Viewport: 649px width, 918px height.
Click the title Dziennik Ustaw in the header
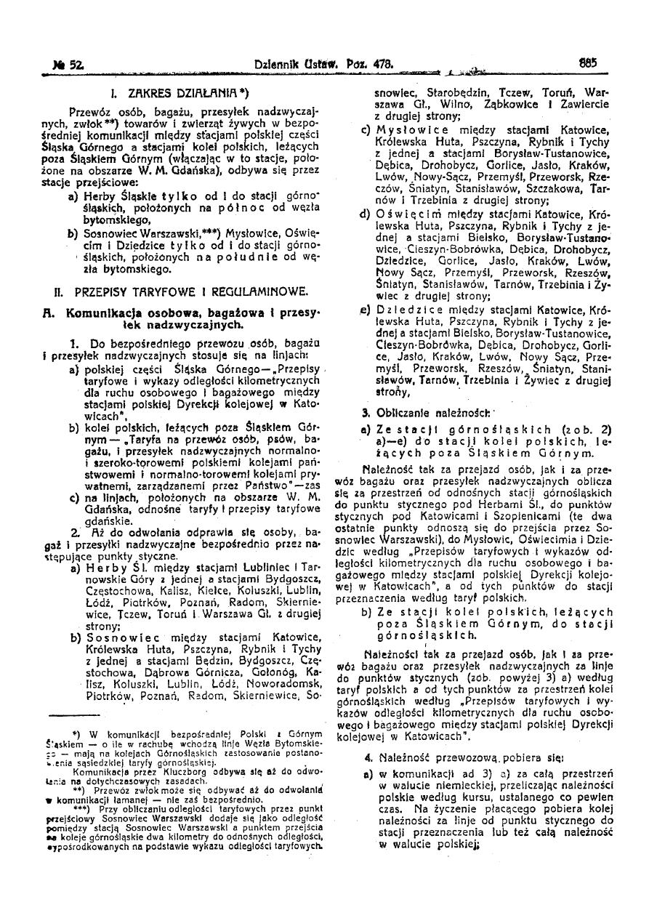286,65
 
